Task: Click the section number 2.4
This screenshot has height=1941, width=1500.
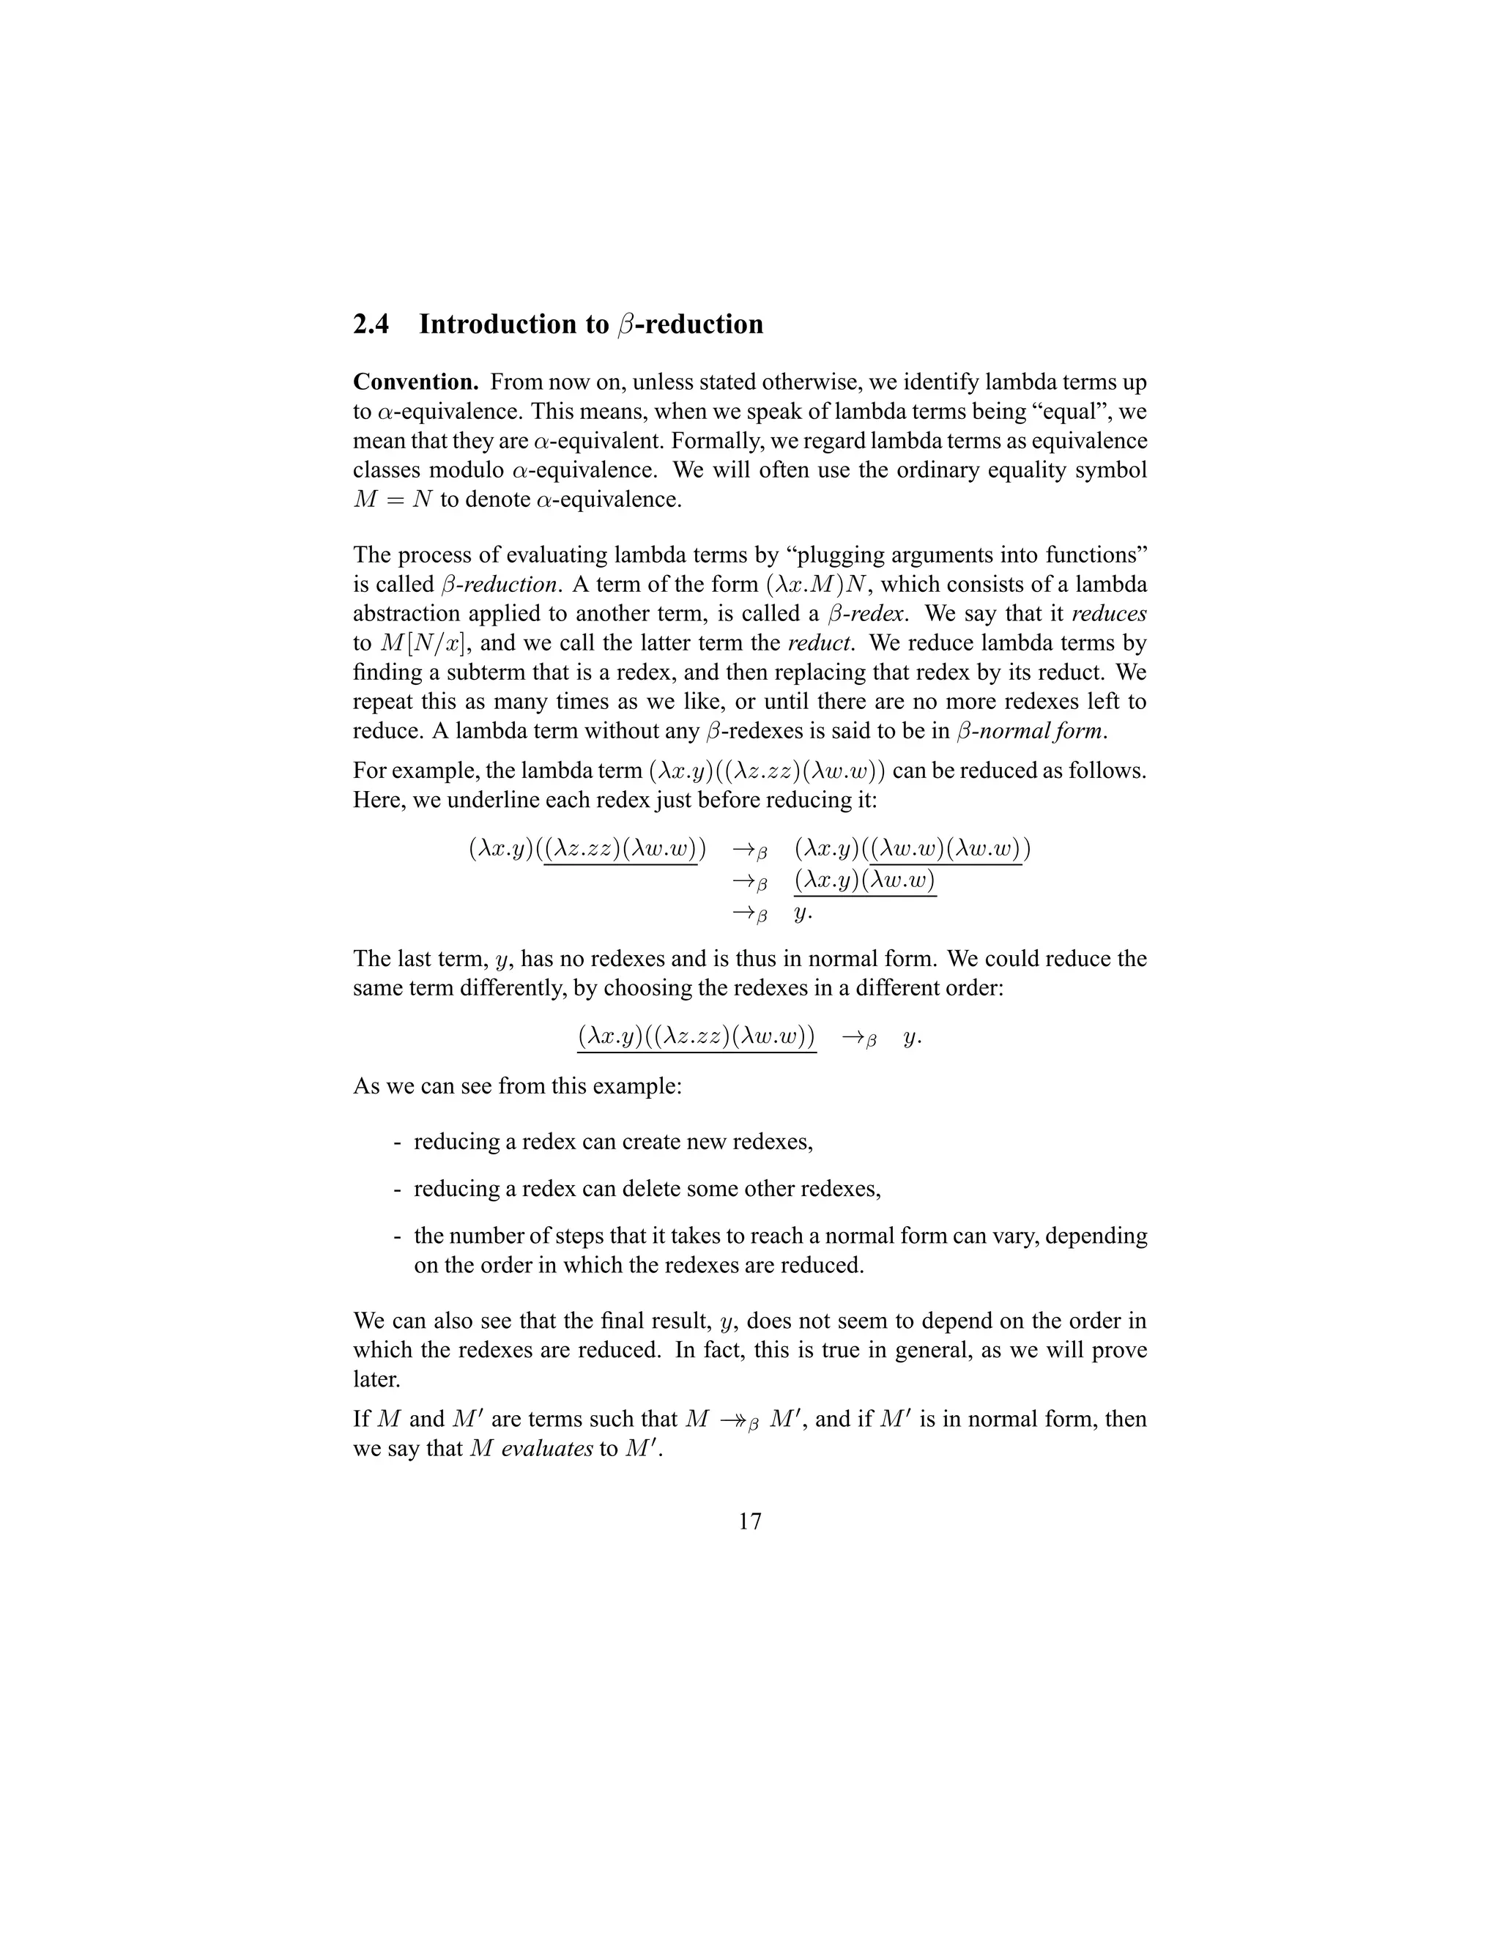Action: coord(371,324)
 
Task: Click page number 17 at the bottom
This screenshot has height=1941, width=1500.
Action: coord(749,1521)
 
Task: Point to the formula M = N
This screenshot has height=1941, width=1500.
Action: coord(392,500)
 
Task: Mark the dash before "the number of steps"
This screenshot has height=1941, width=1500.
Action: coord(396,1236)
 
